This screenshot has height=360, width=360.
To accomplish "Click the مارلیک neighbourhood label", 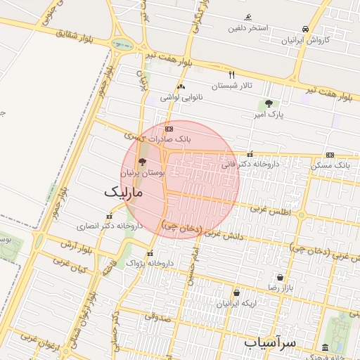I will pyautogui.click(x=124, y=191).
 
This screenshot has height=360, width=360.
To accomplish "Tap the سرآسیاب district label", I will pyautogui.click(x=271, y=342).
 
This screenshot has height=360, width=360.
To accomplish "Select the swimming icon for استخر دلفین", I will pyautogui.click(x=248, y=18).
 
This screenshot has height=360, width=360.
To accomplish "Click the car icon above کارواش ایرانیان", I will pyautogui.click(x=305, y=29).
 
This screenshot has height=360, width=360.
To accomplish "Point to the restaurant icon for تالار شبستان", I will pyautogui.click(x=231, y=74).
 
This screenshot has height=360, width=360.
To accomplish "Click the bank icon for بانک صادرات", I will pyautogui.click(x=168, y=129).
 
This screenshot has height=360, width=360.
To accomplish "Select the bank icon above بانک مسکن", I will pyautogui.click(x=330, y=155).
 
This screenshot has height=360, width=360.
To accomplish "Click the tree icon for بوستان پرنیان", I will pyautogui.click(x=143, y=162).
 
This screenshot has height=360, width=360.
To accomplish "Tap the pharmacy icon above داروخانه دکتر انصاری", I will pyautogui.click(x=108, y=217).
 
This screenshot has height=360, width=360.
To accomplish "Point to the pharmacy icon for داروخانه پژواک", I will pyautogui.click(x=149, y=253).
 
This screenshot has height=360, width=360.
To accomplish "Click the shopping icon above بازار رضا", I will pyautogui.click(x=281, y=277).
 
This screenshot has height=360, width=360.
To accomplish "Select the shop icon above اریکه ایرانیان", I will pyautogui.click(x=236, y=292).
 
